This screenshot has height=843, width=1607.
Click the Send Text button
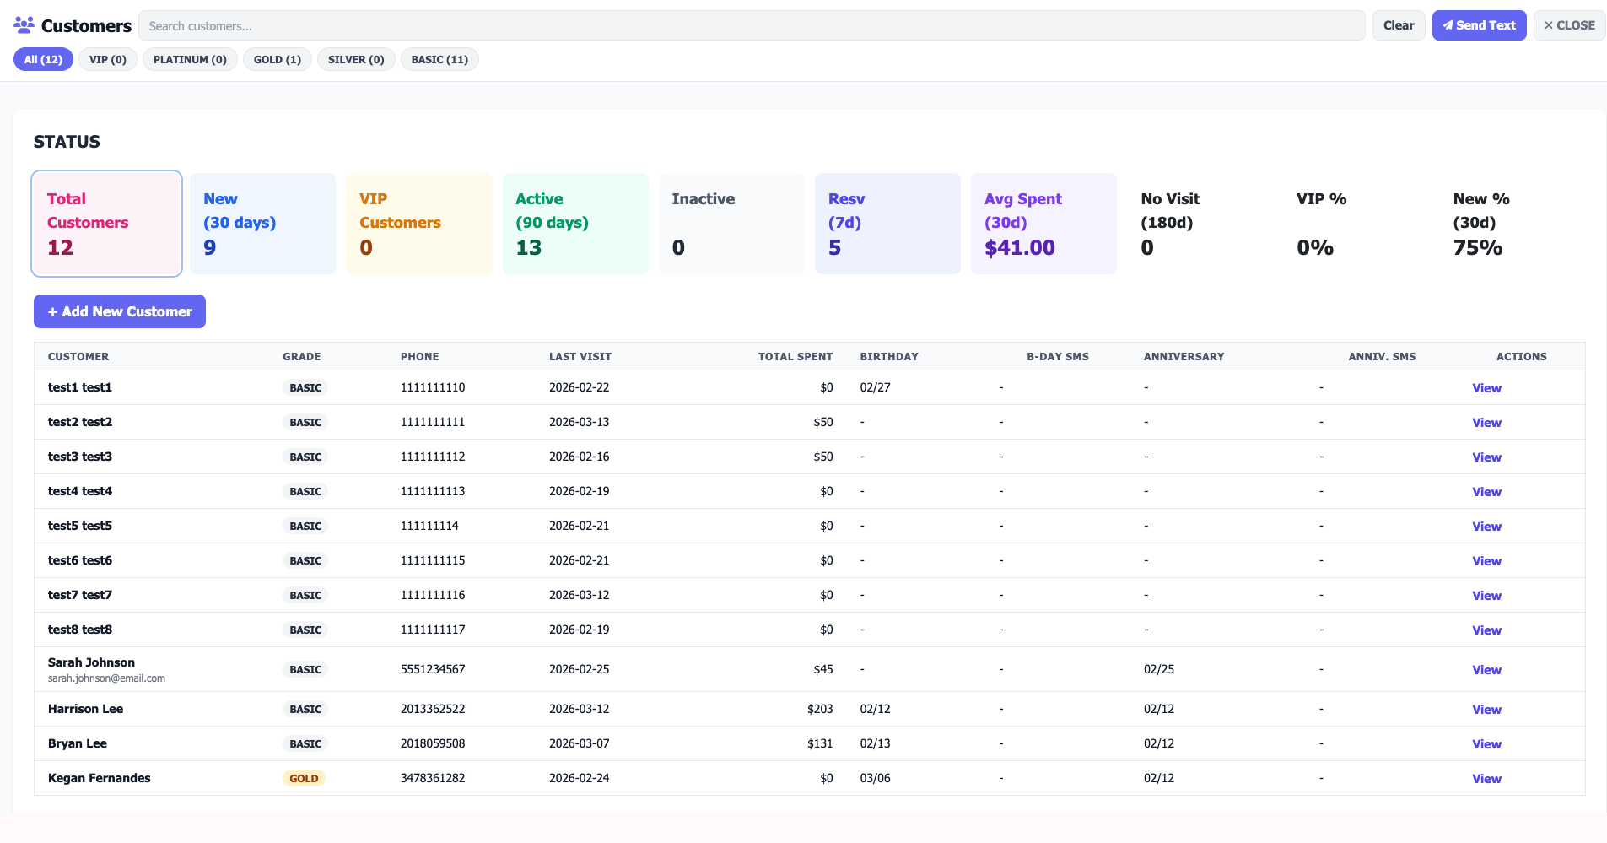tap(1479, 25)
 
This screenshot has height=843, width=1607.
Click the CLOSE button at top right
tap(1569, 25)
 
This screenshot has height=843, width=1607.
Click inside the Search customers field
tap(751, 26)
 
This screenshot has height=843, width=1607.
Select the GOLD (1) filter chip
tap(278, 60)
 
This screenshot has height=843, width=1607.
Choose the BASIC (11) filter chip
tap(439, 60)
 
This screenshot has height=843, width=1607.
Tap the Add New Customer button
tap(120, 311)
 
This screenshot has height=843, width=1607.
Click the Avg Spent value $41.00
tap(1019, 248)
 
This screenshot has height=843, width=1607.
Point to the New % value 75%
tap(1477, 248)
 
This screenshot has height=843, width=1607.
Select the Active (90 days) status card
tap(575, 224)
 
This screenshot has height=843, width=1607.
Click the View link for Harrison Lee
tap(1486, 710)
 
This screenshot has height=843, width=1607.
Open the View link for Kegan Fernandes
tap(1486, 779)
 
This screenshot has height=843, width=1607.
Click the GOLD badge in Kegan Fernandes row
tap(304, 779)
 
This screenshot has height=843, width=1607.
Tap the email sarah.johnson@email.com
tap(106, 678)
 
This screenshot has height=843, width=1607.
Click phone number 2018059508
tap(432, 743)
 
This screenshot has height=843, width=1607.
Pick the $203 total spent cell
tap(819, 709)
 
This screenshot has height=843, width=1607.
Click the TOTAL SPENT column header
tap(795, 357)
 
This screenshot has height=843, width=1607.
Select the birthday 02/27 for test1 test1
tap(875, 387)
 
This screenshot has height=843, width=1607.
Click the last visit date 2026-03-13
tap(579, 422)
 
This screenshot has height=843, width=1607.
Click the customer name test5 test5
tap(80, 526)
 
